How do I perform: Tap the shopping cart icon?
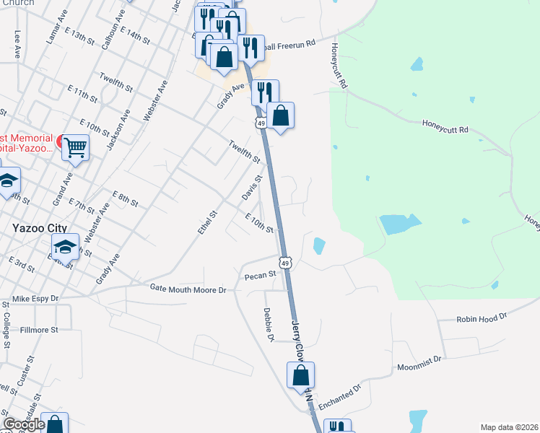click(75, 147)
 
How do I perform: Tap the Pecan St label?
click(261, 275)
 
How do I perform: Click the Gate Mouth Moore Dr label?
click(188, 289)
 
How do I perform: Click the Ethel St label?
click(207, 222)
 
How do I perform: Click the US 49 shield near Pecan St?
click(286, 263)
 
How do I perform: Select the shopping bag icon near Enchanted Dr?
click(301, 376)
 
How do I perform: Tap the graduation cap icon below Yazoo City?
click(65, 248)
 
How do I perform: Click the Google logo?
click(24, 424)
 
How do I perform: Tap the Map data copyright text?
click(509, 427)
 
